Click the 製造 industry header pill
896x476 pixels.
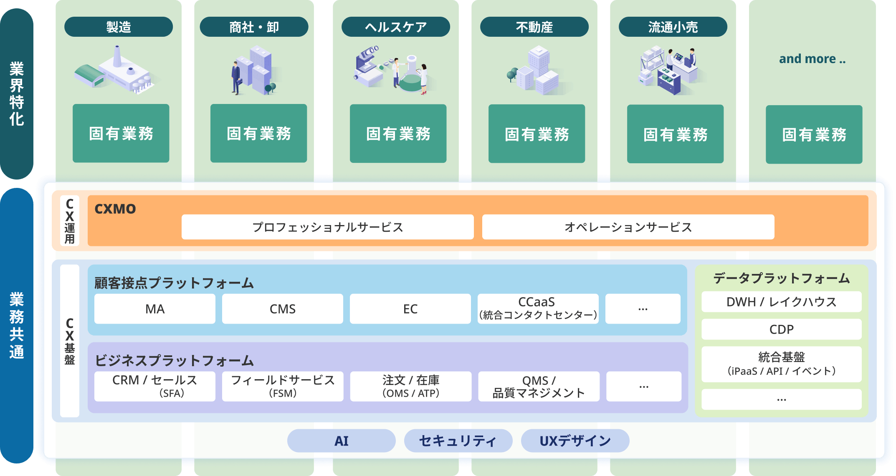point(119,27)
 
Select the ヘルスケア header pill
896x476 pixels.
point(396,27)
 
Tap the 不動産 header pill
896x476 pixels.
point(534,27)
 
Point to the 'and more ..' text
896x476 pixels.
point(812,59)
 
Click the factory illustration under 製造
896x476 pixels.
point(115,70)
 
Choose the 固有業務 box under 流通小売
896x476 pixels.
point(675,134)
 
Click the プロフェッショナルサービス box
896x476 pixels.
point(328,227)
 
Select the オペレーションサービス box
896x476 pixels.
point(628,227)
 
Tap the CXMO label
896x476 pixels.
point(115,209)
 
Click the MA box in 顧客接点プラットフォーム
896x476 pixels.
point(155,309)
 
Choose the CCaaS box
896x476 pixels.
point(538,309)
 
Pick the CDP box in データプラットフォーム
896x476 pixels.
point(782,329)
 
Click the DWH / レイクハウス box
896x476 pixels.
point(782,302)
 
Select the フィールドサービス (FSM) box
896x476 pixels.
point(283,386)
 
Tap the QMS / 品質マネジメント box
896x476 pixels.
point(539,386)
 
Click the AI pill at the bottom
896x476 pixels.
point(342,441)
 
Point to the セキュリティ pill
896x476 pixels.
point(458,441)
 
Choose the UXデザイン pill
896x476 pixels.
point(575,441)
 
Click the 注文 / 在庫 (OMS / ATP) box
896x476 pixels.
point(411,386)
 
